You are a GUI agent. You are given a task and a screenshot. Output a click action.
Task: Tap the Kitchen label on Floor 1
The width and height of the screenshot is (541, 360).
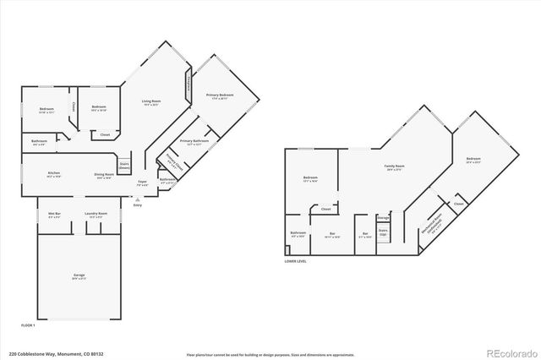click(53, 176)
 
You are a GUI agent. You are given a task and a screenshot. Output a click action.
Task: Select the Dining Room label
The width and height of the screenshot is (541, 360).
click(104, 176)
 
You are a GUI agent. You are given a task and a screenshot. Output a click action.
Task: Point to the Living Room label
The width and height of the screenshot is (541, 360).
click(151, 102)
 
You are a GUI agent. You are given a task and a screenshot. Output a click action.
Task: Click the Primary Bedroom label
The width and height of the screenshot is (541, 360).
click(219, 95)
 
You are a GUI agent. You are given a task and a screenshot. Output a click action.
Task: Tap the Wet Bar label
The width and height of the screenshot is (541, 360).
click(55, 215)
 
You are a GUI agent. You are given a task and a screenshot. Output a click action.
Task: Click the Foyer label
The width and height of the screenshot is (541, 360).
click(143, 182)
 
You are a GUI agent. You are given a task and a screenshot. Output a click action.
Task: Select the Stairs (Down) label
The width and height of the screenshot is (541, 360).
click(123, 166)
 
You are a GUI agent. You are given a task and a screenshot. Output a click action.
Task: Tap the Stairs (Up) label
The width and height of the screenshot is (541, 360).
click(383, 232)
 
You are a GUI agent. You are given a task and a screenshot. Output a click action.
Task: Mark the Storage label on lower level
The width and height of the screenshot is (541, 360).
click(383, 217)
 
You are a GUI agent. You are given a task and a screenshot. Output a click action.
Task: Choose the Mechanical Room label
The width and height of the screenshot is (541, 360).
click(434, 224)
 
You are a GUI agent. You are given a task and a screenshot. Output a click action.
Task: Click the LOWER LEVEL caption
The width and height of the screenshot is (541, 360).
click(296, 261)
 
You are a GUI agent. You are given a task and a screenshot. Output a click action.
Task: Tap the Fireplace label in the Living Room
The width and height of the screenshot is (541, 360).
click(187, 84)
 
